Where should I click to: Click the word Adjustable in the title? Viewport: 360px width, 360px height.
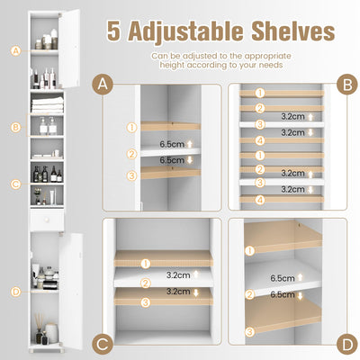point(195,32)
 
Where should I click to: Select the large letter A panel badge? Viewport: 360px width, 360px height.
point(103,85)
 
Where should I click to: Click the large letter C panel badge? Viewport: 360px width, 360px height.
point(103,343)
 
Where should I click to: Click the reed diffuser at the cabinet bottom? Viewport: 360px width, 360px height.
point(40,321)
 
